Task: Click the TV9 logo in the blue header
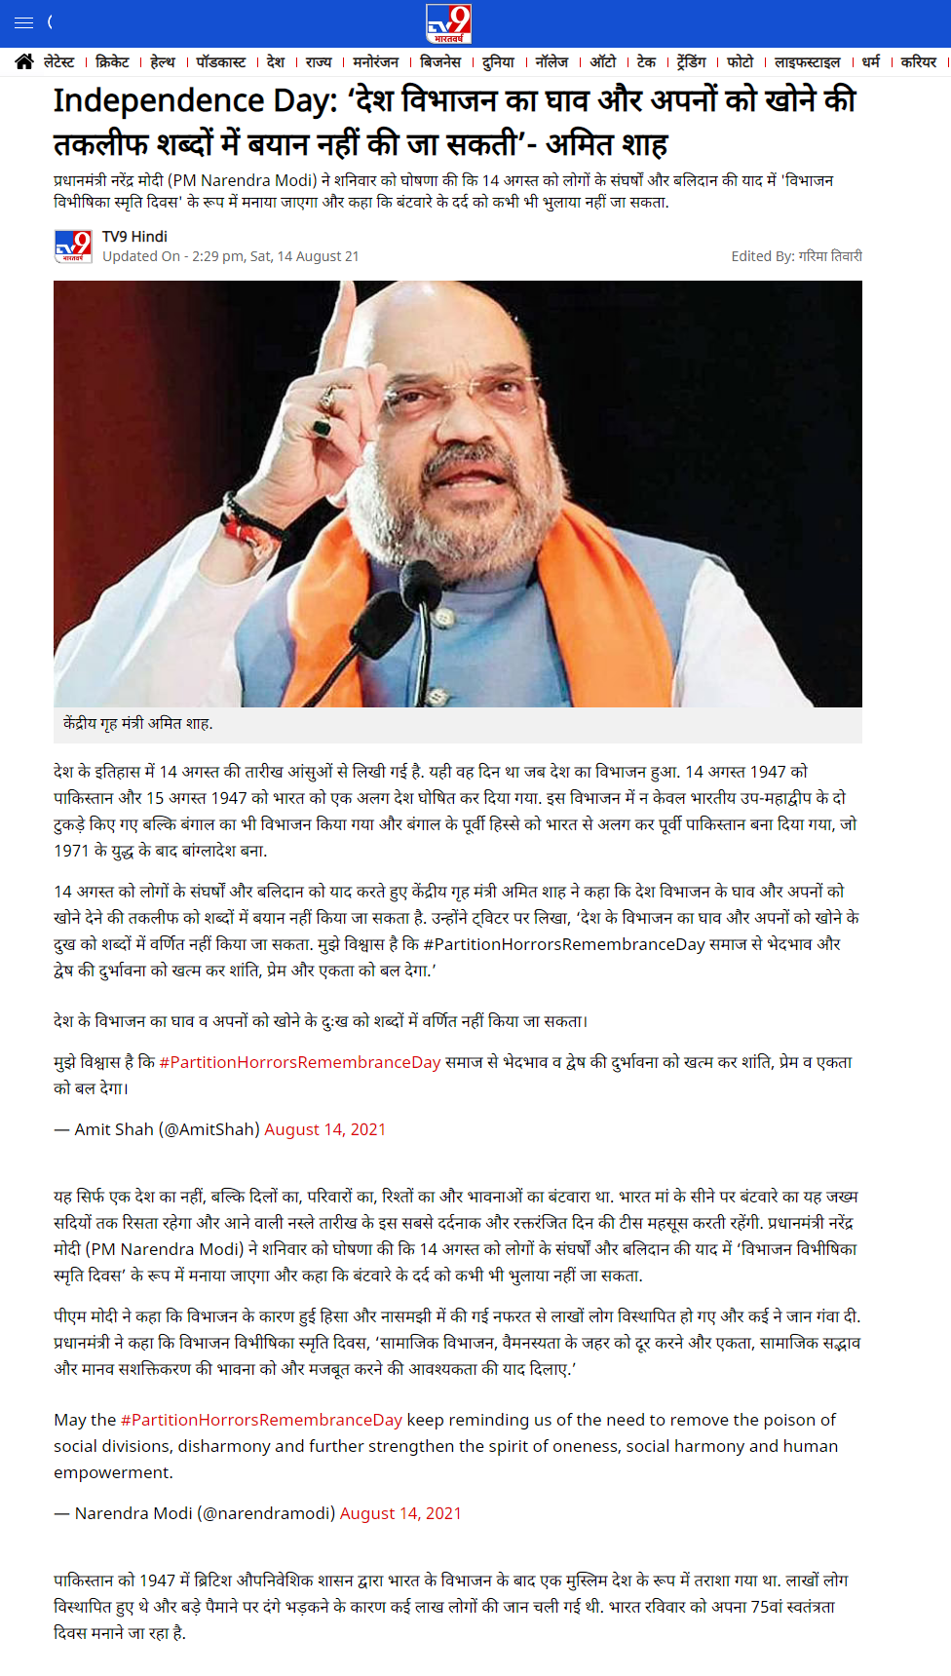click(448, 23)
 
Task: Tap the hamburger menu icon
click(24, 22)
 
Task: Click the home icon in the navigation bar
click(24, 62)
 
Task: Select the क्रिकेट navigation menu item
click(112, 62)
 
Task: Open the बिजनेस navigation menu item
click(440, 62)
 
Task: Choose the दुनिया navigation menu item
click(498, 62)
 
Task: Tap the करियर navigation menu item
click(918, 62)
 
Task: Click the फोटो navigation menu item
click(740, 62)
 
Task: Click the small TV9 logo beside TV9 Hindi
click(73, 247)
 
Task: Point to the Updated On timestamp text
click(231, 256)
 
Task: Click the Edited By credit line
click(796, 256)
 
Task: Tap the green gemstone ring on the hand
click(322, 427)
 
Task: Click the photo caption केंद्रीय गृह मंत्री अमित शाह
click(138, 723)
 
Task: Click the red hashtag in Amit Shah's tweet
click(300, 1062)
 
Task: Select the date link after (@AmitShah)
click(324, 1129)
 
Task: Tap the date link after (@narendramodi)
click(400, 1513)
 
